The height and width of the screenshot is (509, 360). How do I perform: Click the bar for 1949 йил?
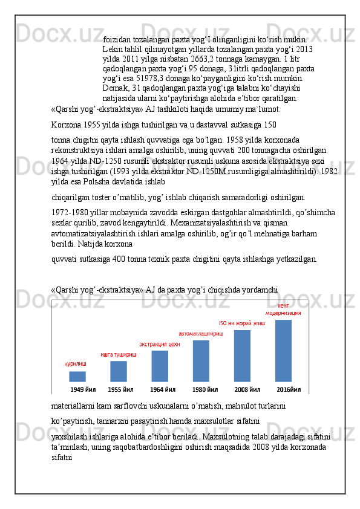coord(77,376)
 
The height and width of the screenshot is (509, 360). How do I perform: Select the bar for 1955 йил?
coord(119,371)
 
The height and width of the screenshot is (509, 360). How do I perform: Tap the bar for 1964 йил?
coord(160,366)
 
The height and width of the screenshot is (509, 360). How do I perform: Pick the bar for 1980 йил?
coord(201,361)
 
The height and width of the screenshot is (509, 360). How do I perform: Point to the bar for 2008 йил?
coord(242,355)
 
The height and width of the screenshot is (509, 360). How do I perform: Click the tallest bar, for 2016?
coord(283,351)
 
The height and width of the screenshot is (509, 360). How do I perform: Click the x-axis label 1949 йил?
coord(83,389)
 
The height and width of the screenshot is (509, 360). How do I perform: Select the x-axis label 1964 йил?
coord(161,389)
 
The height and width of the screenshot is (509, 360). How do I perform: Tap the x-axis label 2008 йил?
coord(247,389)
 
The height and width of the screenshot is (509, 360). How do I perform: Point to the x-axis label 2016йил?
coord(289,389)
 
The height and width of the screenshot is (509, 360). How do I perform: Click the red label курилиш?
coord(76,365)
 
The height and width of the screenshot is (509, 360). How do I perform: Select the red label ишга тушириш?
coord(119,354)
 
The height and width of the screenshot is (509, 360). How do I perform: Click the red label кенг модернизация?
coord(283,309)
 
